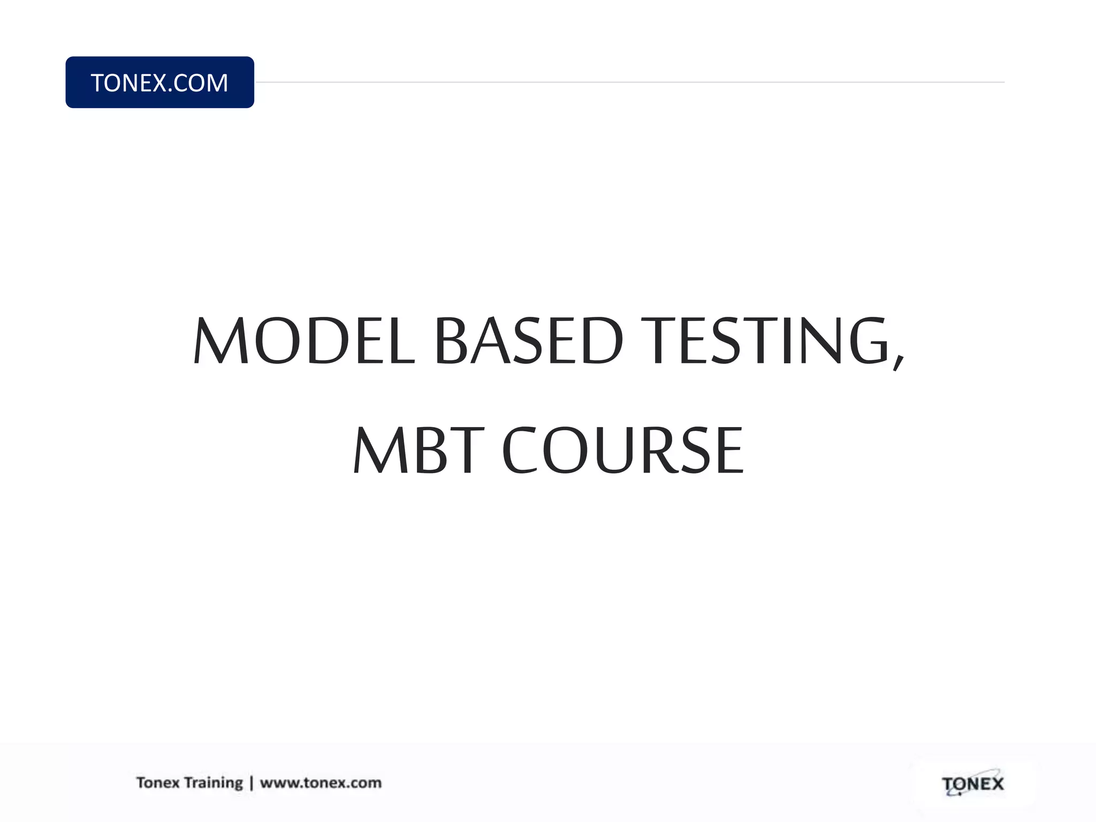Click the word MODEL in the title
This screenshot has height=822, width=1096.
pyautogui.click(x=304, y=341)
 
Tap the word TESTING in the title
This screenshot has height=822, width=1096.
pyautogui.click(x=766, y=341)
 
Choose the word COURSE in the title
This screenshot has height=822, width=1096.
pyautogui.click(x=623, y=450)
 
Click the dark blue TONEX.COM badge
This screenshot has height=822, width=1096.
pyautogui.click(x=159, y=82)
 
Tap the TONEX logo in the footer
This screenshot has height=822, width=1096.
pyautogui.click(x=972, y=785)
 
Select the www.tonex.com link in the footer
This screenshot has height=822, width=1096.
pyautogui.click(x=321, y=782)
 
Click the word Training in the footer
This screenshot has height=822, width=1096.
pyautogui.click(x=213, y=783)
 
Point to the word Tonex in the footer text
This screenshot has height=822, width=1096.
pyautogui.click(x=158, y=782)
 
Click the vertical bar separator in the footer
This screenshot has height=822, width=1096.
pyautogui.click(x=252, y=783)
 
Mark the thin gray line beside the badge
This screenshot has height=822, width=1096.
pyautogui.click(x=629, y=82)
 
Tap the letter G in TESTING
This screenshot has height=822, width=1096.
pyautogui.click(x=869, y=341)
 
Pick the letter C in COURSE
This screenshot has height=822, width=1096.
pyautogui.click(x=520, y=450)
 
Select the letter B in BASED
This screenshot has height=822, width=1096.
pyautogui.click(x=452, y=341)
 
